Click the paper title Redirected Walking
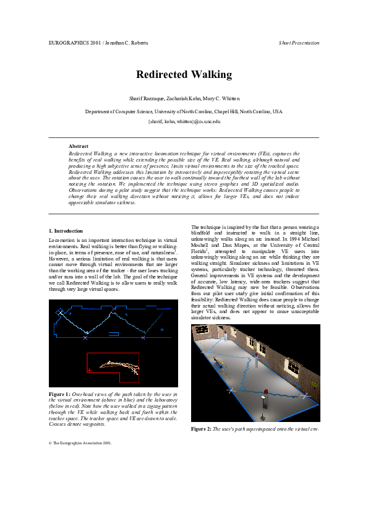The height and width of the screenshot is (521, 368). click(184, 75)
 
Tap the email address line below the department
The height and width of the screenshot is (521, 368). click(184, 122)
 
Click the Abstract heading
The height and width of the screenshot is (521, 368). click(79, 146)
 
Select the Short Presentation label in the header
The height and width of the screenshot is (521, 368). click(299, 43)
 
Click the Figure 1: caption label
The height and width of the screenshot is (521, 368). click(59, 394)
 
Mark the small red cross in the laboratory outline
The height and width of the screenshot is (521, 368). click(90, 371)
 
